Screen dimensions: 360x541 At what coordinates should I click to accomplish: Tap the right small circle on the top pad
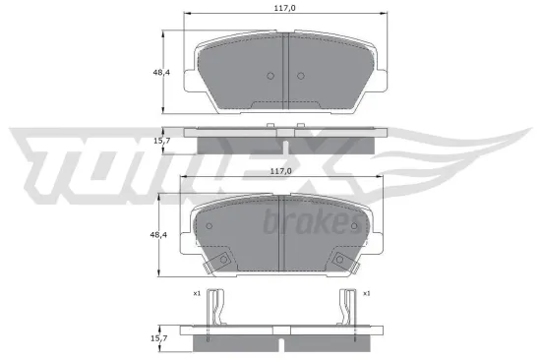(x=298, y=78)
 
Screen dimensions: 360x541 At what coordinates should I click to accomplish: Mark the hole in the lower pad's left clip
(x=223, y=260)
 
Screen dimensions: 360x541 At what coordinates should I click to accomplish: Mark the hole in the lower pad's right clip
(x=340, y=260)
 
